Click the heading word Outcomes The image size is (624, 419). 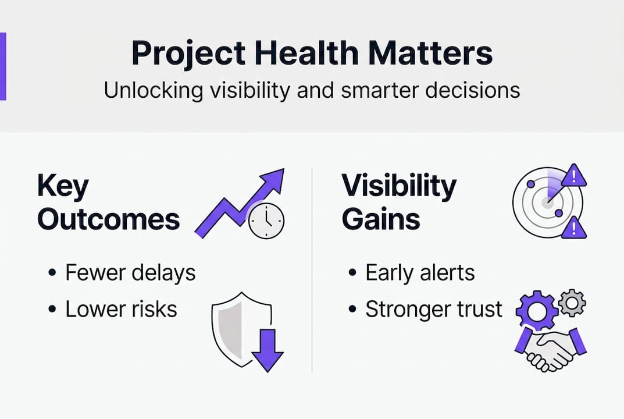pyautogui.click(x=109, y=219)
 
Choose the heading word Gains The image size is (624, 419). pyautogui.click(x=381, y=219)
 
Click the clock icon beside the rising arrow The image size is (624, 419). pyautogui.click(x=266, y=221)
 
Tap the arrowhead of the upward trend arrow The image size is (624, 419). pyautogui.click(x=272, y=180)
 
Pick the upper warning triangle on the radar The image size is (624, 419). pyautogui.click(x=573, y=176)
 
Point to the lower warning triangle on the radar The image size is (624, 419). pyautogui.click(x=573, y=228)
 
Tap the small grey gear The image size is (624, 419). pyautogui.click(x=572, y=303)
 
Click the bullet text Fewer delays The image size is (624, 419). pyautogui.click(x=130, y=273)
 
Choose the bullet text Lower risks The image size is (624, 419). pyautogui.click(x=122, y=309)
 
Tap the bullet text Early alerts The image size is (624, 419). pyautogui.click(x=420, y=273)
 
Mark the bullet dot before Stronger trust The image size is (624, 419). pyautogui.click(x=352, y=309)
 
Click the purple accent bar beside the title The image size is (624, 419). pyautogui.click(x=3, y=66)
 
